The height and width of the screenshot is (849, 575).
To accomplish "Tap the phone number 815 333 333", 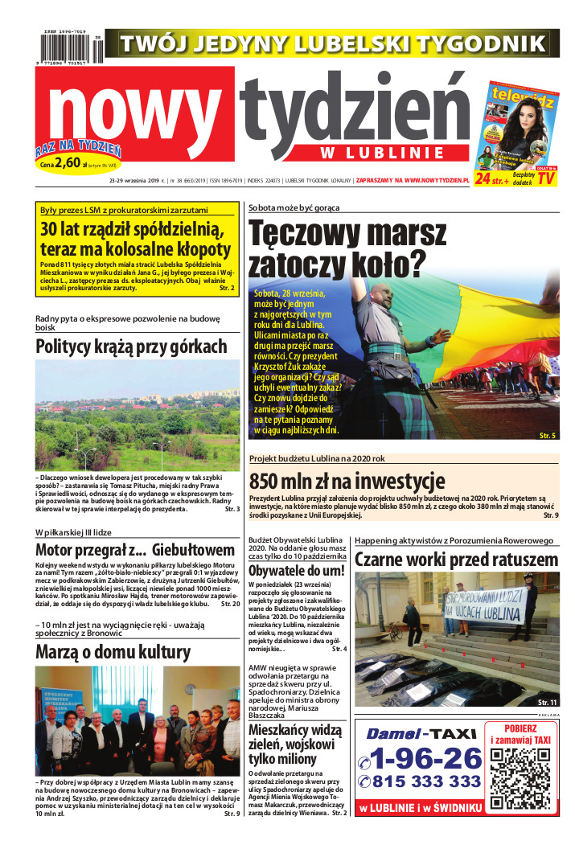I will [x=421, y=781].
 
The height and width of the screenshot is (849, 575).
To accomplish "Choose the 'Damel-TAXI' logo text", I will [x=420, y=733].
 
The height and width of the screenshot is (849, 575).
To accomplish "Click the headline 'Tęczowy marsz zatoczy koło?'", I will [x=347, y=248].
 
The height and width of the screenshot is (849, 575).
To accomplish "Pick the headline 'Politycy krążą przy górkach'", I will [x=131, y=347].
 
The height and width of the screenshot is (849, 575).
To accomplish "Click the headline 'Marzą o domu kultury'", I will [x=113, y=652].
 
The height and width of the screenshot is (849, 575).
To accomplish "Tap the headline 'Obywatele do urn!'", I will [x=298, y=571].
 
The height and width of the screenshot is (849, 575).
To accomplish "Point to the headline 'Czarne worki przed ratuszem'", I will [x=456, y=560].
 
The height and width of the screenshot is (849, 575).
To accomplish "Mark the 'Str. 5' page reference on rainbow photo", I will [x=547, y=435].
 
